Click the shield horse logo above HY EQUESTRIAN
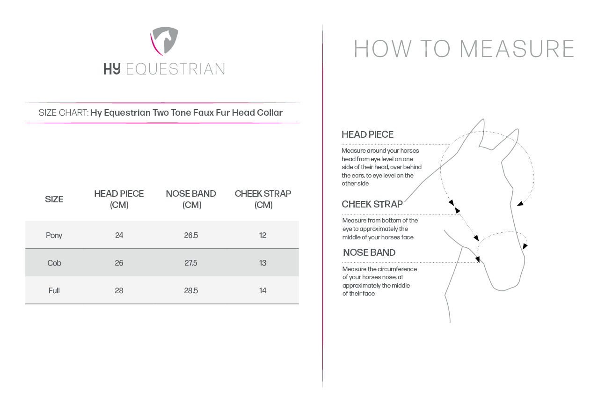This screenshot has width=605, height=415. click(164, 42)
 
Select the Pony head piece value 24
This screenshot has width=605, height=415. click(119, 235)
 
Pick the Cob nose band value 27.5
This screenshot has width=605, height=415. click(191, 263)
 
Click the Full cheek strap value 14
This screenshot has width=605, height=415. click(262, 290)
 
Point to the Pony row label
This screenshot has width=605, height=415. click(54, 235)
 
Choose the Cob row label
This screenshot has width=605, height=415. click(54, 263)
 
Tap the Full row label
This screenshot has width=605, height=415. click(54, 290)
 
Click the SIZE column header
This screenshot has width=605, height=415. click(54, 199)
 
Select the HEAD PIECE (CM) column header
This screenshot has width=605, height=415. click(119, 199)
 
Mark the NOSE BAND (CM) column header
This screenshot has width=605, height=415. click(191, 199)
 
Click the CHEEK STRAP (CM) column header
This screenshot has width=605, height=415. click(263, 199)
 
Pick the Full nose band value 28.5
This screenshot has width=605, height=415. click(191, 290)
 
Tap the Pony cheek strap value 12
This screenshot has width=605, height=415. click(262, 235)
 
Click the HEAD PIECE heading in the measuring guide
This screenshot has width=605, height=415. click(367, 134)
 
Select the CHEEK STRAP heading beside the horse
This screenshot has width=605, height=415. click(372, 204)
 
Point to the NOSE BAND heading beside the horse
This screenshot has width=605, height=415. click(369, 252)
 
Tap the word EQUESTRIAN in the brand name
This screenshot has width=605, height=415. click(175, 69)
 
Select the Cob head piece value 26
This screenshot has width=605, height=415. click(119, 263)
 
